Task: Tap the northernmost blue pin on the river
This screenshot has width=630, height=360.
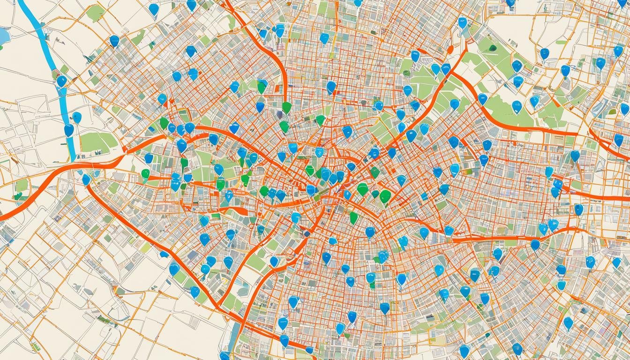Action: pyautogui.click(x=61, y=81)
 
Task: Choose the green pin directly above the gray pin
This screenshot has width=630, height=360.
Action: pyautogui.click(x=286, y=107)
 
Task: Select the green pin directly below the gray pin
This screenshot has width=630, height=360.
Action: pyautogui.click(x=284, y=126)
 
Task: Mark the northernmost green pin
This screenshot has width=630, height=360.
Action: pyautogui.click(x=262, y=86)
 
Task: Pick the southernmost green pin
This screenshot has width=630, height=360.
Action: pyautogui.click(x=354, y=217)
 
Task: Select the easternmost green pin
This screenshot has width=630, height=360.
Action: pyautogui.click(x=385, y=195)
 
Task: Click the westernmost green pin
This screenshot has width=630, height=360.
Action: pyautogui.click(x=145, y=174)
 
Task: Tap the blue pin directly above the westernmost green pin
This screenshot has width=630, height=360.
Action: pyautogui.click(x=149, y=158)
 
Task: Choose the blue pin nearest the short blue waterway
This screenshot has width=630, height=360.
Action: pyautogui.click(x=225, y=355)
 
